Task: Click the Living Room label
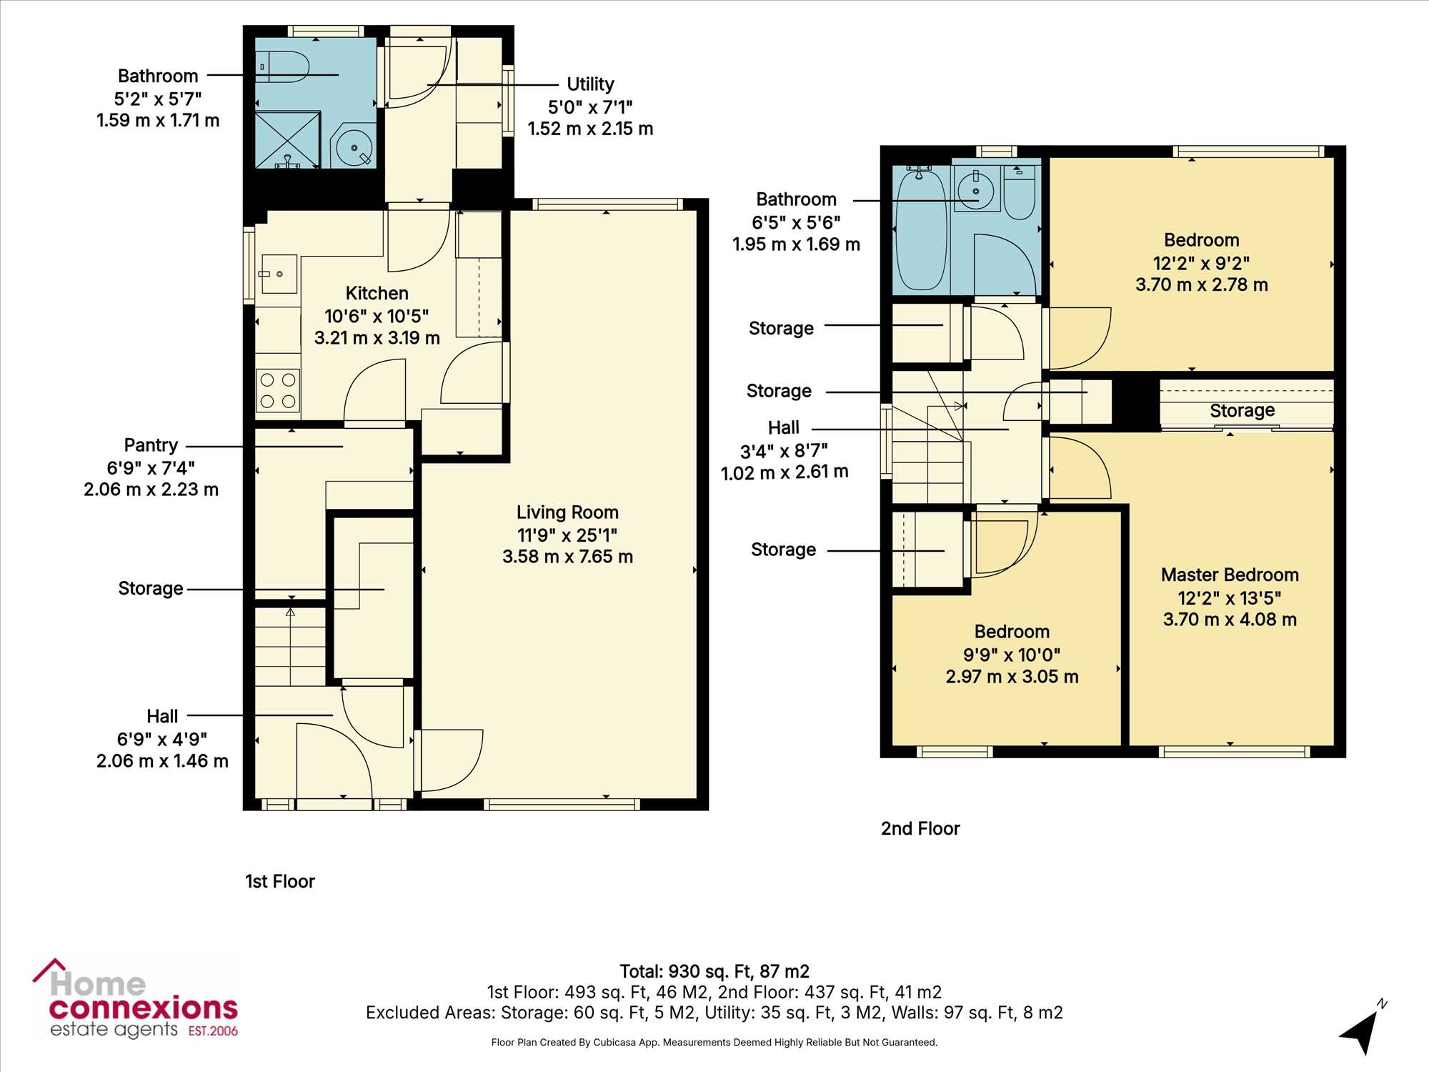[x=567, y=512]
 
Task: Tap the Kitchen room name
[x=377, y=293]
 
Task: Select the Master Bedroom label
[x=1230, y=575]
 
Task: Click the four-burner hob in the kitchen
[x=278, y=391]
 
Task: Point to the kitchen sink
[x=279, y=274]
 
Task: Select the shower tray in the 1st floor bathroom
[x=288, y=139]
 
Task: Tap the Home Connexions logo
[x=135, y=999]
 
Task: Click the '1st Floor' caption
[x=280, y=881]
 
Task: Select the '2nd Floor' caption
[x=920, y=828]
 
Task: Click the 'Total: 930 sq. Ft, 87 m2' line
[x=714, y=971]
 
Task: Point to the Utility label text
[x=590, y=84]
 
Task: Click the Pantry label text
[x=151, y=445]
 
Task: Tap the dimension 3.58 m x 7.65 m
[x=567, y=556]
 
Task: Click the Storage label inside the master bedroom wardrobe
[x=1242, y=410]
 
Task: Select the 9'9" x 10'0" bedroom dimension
[x=1012, y=654]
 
